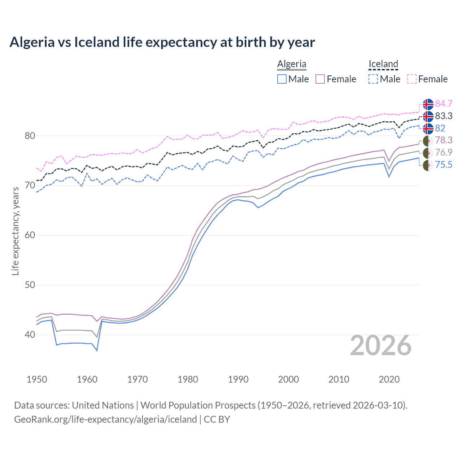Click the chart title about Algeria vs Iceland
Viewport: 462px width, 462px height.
(x=162, y=42)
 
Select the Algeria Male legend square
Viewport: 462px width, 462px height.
(x=282, y=79)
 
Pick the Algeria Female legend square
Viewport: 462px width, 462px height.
(x=320, y=79)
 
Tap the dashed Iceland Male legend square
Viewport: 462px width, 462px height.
(x=373, y=79)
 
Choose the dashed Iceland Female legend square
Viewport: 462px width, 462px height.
(x=412, y=79)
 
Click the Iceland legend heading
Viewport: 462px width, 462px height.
(x=383, y=64)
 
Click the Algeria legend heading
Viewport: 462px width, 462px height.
(x=292, y=64)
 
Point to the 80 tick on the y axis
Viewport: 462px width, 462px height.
(x=30, y=136)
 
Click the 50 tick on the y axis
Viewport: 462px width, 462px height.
(x=30, y=285)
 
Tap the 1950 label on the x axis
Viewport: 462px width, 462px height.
(x=37, y=379)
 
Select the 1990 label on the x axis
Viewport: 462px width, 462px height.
(x=238, y=379)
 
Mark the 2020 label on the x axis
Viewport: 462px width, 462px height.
(x=389, y=379)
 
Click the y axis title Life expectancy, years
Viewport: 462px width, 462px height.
(x=15, y=231)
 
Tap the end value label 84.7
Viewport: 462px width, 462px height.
(x=444, y=104)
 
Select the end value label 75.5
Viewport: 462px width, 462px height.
(x=444, y=165)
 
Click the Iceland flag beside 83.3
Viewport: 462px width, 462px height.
(x=428, y=116)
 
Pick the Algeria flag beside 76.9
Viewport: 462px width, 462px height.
(x=428, y=153)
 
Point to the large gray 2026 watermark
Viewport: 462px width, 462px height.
(x=381, y=346)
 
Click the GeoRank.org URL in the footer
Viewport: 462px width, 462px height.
(x=105, y=419)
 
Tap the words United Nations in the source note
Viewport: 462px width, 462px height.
(x=103, y=405)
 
